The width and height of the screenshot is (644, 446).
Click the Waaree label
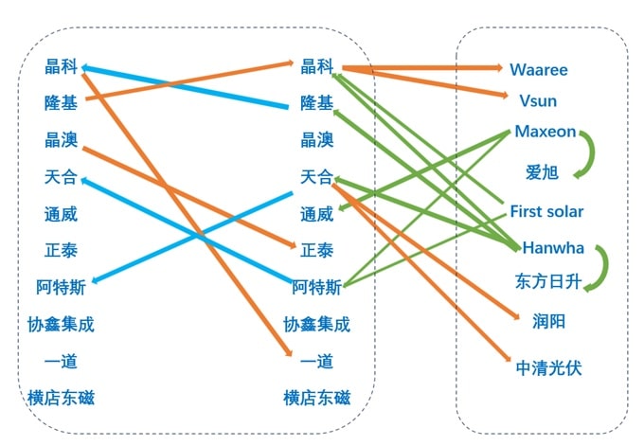[x=539, y=69]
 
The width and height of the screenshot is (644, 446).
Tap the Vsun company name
[x=538, y=100]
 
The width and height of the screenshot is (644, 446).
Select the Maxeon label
[x=545, y=132]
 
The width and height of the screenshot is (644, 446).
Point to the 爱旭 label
[x=542, y=172]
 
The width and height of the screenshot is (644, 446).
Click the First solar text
[x=546, y=211]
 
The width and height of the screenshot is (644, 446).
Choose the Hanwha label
[x=553, y=248]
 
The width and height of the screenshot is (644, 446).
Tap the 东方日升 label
[x=548, y=282]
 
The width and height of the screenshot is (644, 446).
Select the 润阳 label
[x=548, y=321]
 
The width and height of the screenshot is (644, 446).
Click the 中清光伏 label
[x=548, y=367]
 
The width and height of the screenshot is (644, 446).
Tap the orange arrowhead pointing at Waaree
[x=499, y=67]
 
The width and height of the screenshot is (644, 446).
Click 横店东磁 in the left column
[x=62, y=398]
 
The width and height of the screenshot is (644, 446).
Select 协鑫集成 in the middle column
[x=316, y=325]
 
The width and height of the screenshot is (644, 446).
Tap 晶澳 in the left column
[x=62, y=139]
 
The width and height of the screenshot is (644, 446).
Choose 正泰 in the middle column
[x=316, y=250]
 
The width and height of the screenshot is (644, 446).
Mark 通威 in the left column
[x=62, y=214]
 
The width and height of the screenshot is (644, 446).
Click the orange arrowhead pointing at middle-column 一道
[x=289, y=352]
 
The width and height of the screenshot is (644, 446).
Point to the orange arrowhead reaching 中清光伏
[x=508, y=358]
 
